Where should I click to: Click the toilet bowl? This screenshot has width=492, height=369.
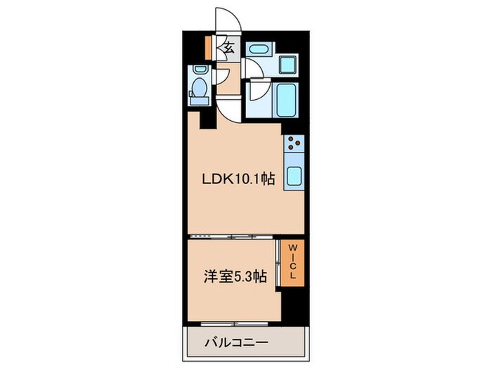tap(199, 90)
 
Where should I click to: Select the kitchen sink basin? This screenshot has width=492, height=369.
tap(294, 179)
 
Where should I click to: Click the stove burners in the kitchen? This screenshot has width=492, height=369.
tap(294, 147)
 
